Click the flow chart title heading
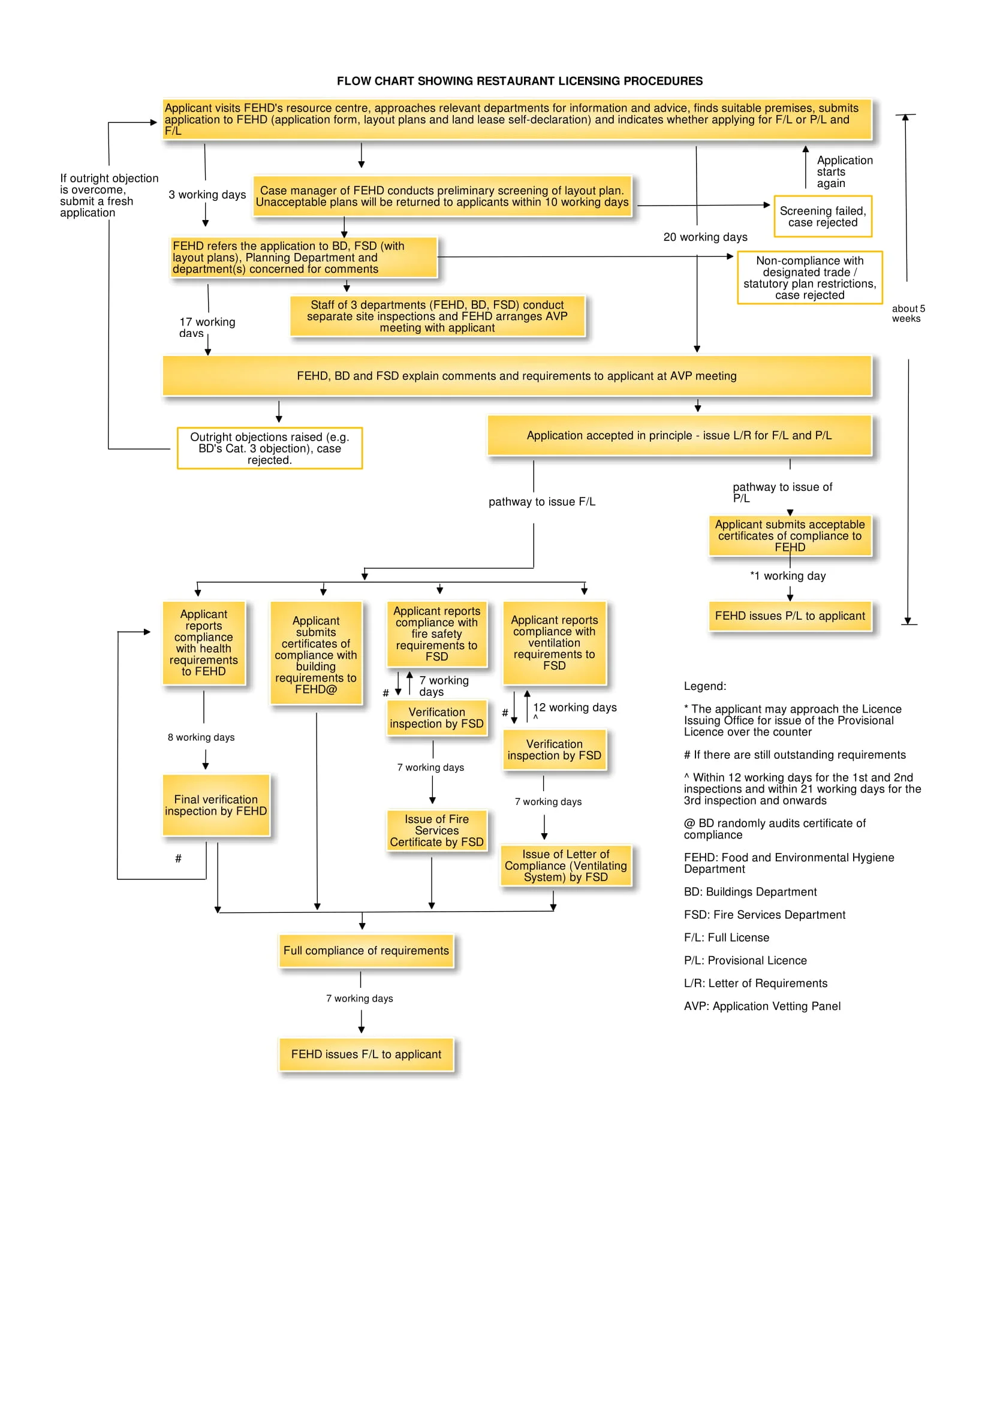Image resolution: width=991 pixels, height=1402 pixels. [x=519, y=81]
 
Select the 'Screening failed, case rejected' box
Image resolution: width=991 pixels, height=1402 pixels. [x=822, y=216]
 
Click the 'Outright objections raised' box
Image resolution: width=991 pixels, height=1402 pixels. [x=269, y=448]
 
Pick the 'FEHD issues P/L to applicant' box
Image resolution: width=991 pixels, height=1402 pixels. [x=790, y=616]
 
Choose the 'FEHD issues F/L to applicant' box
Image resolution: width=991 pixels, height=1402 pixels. [x=366, y=1054]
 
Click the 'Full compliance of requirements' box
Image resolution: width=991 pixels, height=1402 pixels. [x=366, y=950]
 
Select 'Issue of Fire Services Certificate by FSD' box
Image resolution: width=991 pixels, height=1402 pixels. [x=436, y=830]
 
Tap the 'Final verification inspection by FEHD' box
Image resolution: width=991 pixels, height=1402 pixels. [x=216, y=805]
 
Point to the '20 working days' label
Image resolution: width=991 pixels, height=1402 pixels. [x=704, y=237]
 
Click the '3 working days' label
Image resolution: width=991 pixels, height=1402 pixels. [x=207, y=194]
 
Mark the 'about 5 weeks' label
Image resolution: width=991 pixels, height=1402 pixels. [x=907, y=313]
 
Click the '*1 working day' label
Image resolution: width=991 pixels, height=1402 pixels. [x=788, y=576]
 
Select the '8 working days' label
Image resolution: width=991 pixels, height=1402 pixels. [x=201, y=737]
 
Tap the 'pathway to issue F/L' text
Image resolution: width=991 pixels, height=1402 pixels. [x=541, y=501]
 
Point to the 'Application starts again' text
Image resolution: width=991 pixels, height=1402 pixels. [x=844, y=171]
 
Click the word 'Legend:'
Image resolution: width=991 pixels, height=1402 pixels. [x=704, y=686]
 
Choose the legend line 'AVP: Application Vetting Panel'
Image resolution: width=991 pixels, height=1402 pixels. [x=761, y=1006]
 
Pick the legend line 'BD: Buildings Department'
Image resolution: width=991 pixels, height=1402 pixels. [x=749, y=891]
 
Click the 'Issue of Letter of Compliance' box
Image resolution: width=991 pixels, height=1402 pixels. [x=565, y=866]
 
